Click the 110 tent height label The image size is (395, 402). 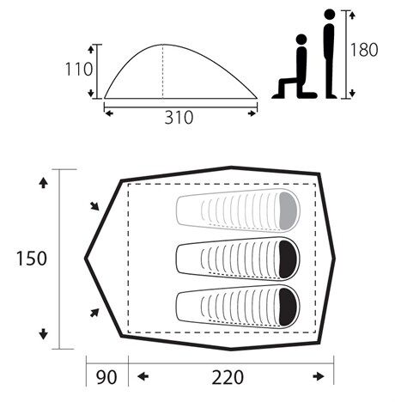(79, 70)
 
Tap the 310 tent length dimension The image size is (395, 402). (179, 118)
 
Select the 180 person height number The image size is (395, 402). (364, 50)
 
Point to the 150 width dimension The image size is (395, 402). (31, 259)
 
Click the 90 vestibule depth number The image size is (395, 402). (106, 377)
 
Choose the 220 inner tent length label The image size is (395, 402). (228, 377)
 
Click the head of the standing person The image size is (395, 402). (330, 15)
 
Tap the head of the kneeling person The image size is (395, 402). (301, 40)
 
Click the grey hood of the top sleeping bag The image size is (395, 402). (288, 210)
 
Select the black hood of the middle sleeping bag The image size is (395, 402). (288, 259)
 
